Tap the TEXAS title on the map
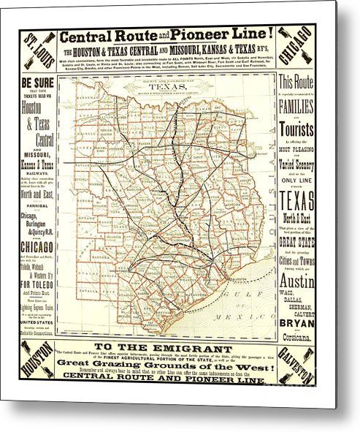click(172, 85)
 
